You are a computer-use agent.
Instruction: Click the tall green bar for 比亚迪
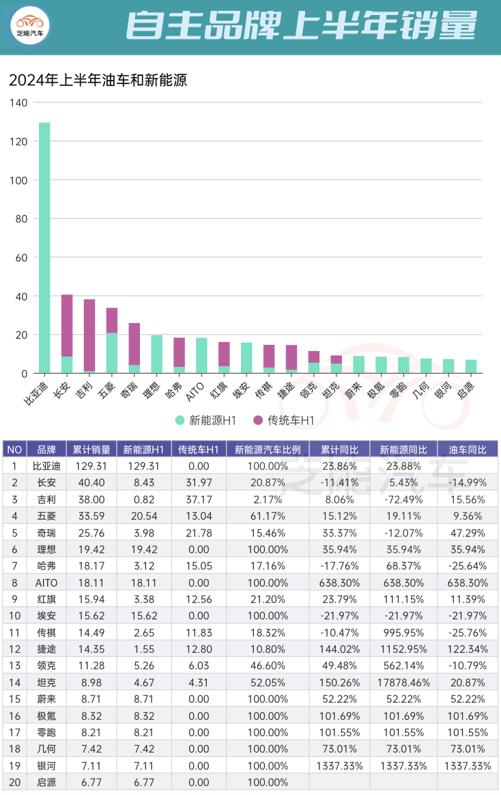click(x=44, y=246)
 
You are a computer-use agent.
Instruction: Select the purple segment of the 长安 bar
click(x=67, y=325)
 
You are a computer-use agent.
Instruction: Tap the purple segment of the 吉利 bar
click(x=89, y=335)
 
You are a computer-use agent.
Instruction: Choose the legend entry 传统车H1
click(x=283, y=421)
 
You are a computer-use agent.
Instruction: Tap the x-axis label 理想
click(x=151, y=392)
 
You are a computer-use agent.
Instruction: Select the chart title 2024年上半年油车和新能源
click(x=98, y=81)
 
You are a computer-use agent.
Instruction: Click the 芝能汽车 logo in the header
click(x=30, y=25)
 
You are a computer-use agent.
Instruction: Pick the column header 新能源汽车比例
click(x=267, y=449)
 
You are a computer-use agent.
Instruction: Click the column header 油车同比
click(x=468, y=449)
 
